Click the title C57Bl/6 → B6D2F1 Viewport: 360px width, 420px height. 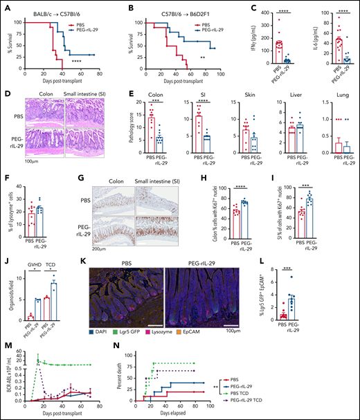(162, 8)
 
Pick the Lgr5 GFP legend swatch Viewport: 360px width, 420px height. (131, 321)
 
